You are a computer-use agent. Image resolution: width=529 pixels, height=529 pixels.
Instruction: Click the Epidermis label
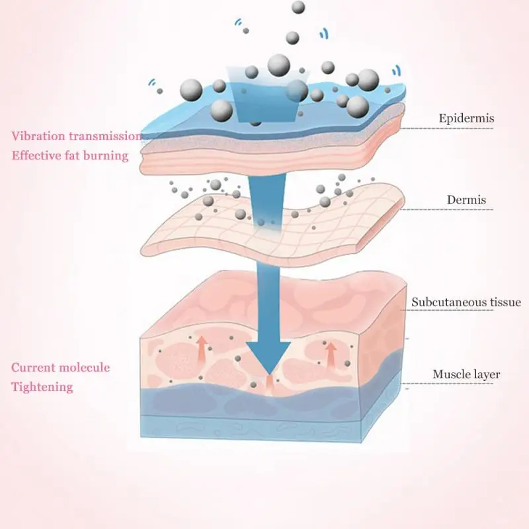(x=466, y=119)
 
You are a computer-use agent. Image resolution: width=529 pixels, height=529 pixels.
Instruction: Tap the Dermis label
(x=467, y=200)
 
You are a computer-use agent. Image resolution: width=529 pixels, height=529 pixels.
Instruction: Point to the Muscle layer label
(x=466, y=375)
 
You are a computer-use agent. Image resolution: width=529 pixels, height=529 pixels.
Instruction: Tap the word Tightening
(x=42, y=387)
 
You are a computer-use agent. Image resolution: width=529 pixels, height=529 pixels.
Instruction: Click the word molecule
(x=84, y=368)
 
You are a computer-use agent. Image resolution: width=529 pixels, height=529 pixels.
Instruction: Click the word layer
(x=485, y=375)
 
